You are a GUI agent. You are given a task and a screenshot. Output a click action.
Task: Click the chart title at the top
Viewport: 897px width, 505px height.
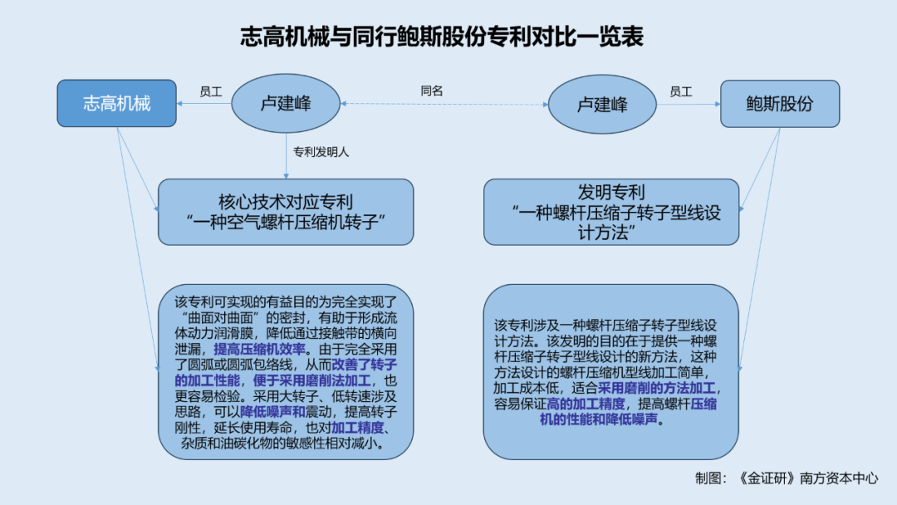(442, 37)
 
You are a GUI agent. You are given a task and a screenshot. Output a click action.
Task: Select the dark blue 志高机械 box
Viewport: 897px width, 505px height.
(117, 104)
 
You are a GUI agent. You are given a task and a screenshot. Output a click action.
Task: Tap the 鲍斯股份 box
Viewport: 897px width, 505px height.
(780, 104)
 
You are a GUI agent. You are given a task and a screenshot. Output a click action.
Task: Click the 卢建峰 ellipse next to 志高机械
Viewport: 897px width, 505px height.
(286, 104)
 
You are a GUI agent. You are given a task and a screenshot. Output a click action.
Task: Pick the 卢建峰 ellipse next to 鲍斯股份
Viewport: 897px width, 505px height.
(602, 104)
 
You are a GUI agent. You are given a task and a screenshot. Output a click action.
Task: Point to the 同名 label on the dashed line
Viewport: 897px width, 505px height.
(432, 91)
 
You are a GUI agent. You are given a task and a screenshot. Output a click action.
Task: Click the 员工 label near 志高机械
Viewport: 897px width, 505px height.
(210, 91)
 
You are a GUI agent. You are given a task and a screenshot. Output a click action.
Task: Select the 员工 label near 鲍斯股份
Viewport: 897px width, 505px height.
(681, 91)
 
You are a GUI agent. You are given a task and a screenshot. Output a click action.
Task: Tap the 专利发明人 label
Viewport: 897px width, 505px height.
(321, 152)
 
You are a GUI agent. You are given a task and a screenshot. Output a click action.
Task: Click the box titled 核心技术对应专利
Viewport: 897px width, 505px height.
(286, 212)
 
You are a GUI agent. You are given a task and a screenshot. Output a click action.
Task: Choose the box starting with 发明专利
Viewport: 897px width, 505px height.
(611, 212)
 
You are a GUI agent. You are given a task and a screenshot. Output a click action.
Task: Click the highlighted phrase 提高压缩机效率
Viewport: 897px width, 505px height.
(260, 349)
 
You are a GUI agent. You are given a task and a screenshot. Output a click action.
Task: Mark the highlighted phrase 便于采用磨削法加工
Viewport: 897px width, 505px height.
(311, 380)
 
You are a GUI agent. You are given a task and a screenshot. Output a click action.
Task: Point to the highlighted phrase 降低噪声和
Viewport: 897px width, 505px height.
(273, 412)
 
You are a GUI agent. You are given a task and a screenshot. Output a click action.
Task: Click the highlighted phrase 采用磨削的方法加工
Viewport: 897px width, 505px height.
(657, 389)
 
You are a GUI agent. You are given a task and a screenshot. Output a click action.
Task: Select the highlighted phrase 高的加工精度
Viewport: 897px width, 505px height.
(586, 404)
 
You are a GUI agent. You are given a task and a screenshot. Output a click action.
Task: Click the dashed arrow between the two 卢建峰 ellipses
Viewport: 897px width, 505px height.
(444, 104)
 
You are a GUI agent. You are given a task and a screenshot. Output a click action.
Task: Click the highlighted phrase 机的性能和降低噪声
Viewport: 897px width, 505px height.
(598, 419)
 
